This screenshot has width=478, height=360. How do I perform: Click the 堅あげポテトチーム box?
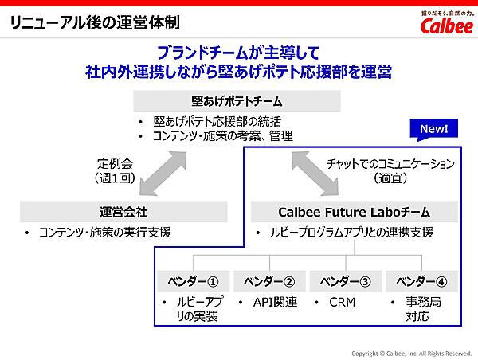coord(237,101)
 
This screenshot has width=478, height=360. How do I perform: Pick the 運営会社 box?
coord(123,212)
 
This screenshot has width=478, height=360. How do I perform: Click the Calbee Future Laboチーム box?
coord(355,212)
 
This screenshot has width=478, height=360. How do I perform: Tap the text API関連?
coord(275,303)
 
